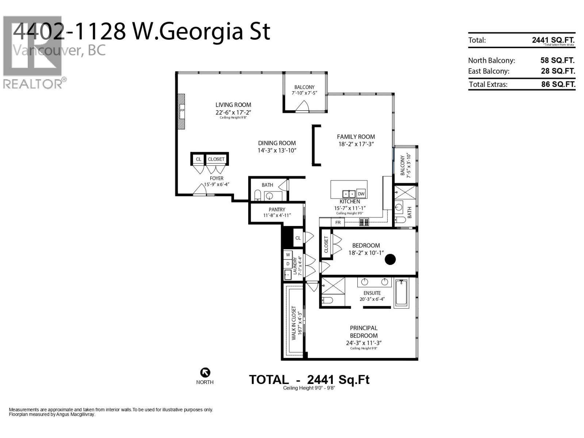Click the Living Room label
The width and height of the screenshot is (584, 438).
coord(233,105)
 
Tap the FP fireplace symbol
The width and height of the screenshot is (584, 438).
coord(182,111)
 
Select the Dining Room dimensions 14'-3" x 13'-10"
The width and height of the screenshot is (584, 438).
coord(277,150)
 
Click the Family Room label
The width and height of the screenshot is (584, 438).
coord(356,137)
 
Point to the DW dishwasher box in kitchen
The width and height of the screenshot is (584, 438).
coord(361,194)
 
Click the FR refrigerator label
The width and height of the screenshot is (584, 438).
coord(338,222)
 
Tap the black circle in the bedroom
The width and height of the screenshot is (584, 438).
coord(390,259)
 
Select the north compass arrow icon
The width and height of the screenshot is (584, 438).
coord(205,373)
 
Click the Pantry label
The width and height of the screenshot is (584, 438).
coord(277,210)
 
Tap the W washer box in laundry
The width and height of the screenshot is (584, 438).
coord(288,254)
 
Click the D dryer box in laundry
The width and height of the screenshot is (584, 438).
coord(288,264)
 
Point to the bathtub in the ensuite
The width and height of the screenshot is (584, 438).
coord(401,292)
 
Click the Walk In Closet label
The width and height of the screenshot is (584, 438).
coord(294,323)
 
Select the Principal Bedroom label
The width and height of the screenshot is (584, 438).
coord(364,332)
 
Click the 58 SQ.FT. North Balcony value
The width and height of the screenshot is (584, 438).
coord(557,60)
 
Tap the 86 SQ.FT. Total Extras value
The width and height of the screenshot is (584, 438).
coord(558,84)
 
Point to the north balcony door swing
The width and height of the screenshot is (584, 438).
coord(302,107)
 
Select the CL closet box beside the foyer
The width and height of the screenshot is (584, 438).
coord(198,159)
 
